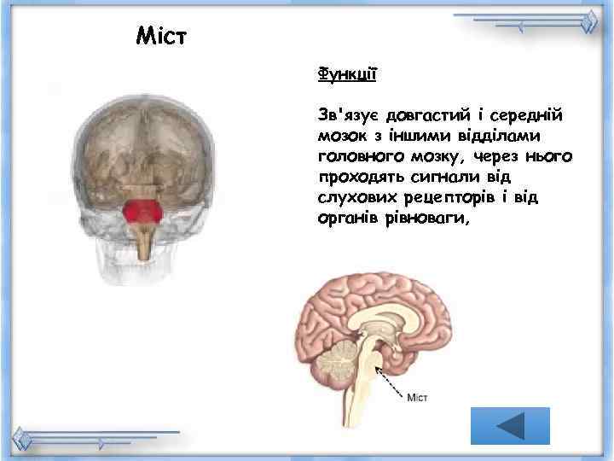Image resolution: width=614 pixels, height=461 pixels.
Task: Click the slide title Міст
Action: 161,36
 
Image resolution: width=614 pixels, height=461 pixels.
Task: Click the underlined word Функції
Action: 346,73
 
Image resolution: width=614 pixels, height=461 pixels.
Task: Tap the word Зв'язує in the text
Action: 346,114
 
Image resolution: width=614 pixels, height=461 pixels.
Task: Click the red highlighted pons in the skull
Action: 141,213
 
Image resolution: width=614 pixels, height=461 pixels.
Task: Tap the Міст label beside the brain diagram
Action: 418,397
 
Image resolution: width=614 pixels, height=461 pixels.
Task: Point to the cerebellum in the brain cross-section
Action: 333,359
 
